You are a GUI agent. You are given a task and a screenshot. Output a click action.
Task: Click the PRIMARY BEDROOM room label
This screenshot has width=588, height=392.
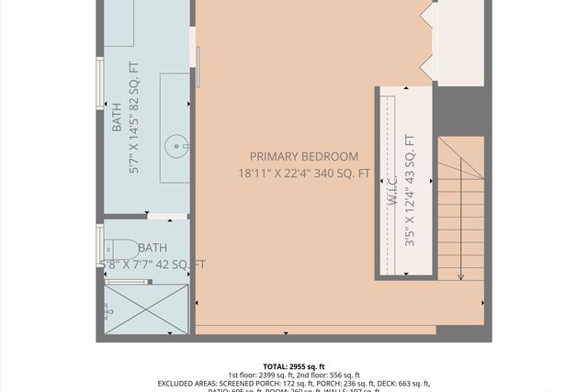pos(304,157)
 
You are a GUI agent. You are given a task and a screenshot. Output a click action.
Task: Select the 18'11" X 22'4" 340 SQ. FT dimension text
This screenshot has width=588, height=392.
pos(304,173)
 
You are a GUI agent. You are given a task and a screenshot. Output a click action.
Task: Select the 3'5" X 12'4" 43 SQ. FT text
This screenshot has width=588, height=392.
pos(410,191)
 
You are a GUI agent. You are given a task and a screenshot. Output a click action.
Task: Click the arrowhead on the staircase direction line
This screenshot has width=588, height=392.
pos(460,275)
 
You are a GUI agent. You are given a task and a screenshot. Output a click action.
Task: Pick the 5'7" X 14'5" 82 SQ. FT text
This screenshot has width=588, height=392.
pos(134,118)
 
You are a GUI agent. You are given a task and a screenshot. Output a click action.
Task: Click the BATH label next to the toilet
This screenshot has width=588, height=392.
pos(152,248)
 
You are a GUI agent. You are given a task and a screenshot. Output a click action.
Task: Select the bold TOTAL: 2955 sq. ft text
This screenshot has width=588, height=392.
pos(294,366)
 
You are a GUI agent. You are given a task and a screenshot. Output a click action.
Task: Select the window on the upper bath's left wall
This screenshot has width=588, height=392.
pos(100,84)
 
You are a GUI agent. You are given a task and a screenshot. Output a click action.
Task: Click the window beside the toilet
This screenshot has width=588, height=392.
pos(100,245)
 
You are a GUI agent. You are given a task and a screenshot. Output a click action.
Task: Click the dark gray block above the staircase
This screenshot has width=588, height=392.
pos(458,111)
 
